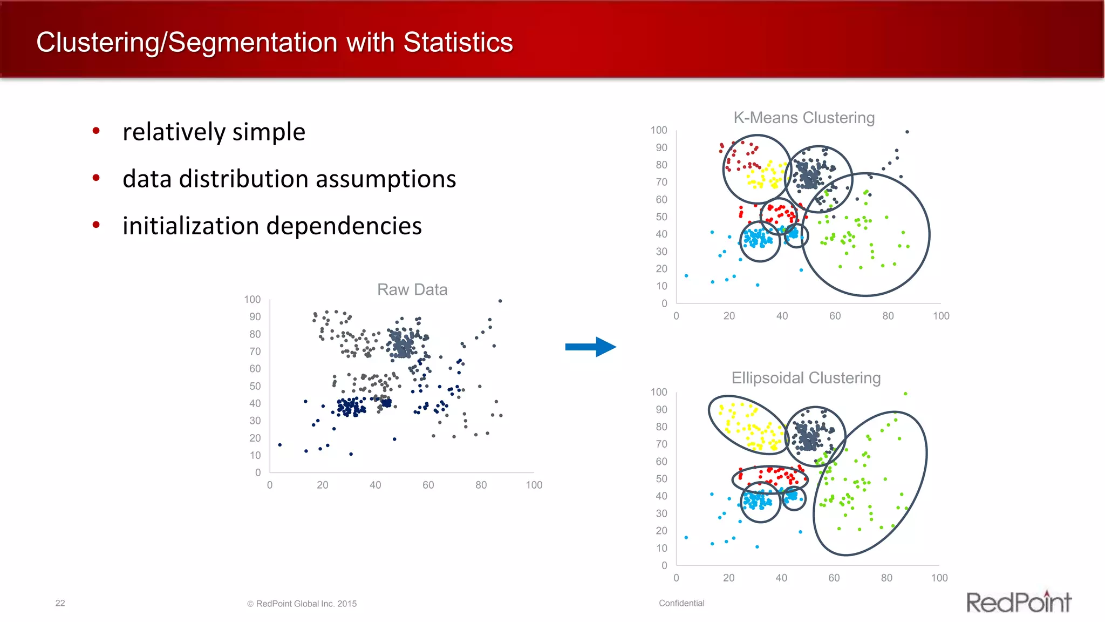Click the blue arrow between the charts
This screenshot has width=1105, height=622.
(590, 347)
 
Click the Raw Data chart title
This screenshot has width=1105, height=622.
(412, 289)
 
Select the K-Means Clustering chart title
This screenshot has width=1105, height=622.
(803, 118)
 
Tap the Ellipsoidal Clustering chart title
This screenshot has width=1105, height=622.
(806, 378)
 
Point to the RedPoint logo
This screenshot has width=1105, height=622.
(1018, 602)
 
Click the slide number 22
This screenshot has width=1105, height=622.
(60, 603)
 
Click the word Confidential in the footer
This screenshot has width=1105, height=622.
(681, 603)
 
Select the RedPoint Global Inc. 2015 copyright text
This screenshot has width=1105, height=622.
(302, 604)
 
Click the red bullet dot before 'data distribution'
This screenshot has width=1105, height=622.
(96, 178)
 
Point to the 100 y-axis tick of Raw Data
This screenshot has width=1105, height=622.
(252, 299)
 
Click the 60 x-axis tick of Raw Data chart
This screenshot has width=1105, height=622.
(428, 485)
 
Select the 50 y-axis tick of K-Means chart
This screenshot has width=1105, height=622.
(661, 217)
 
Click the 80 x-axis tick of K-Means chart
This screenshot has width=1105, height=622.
(888, 316)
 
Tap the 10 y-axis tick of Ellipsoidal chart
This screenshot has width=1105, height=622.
(661, 548)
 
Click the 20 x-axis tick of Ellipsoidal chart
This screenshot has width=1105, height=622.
(728, 578)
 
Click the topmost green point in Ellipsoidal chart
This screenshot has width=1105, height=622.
(905, 394)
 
